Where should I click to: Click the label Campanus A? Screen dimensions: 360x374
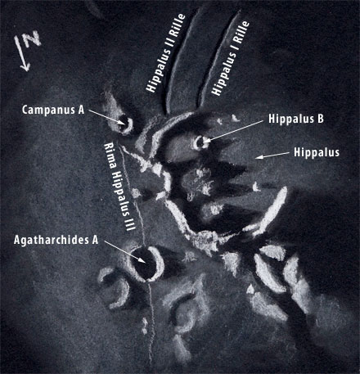53,110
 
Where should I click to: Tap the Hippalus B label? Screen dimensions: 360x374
296,119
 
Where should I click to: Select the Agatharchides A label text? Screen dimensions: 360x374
56,240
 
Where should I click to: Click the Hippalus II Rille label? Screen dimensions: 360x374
165,53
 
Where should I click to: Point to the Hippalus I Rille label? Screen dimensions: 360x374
231,58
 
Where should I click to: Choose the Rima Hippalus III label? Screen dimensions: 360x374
119,187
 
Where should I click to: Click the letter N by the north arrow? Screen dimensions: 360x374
32,39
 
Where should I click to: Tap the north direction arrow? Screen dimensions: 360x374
22,54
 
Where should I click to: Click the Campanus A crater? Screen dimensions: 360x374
124,124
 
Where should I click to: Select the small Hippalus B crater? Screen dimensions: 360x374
200,142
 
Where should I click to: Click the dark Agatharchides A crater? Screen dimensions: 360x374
146,264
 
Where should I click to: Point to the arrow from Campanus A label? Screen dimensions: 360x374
106,118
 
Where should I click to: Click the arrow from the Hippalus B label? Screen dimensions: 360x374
233,132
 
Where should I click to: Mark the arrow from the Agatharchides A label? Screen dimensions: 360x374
124,252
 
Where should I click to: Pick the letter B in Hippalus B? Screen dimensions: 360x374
320,119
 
